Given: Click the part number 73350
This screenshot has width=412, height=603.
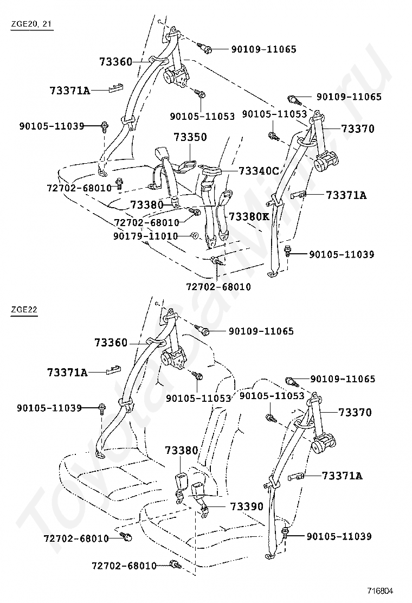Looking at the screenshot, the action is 190,137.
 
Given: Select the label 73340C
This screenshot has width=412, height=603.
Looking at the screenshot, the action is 259,171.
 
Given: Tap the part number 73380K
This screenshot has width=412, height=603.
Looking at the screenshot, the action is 249,216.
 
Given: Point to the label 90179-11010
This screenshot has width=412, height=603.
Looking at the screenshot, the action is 146,236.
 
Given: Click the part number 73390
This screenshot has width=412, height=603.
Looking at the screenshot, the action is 247,506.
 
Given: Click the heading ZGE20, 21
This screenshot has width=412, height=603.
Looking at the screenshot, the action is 31,24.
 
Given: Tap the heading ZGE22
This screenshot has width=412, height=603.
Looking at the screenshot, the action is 24,309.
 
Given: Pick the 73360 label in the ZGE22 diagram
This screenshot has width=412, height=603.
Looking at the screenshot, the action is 111,342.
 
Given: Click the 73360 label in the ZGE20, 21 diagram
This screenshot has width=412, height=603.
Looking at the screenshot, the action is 115,61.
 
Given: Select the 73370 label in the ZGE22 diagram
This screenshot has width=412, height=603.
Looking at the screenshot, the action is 355,412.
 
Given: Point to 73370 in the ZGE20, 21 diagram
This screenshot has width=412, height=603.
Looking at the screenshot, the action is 357,129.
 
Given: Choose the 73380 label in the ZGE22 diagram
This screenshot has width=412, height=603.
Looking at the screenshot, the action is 182,450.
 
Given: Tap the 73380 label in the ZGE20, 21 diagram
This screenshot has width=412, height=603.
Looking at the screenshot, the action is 146,204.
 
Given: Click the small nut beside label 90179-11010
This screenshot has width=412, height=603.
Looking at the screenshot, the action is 195,236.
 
